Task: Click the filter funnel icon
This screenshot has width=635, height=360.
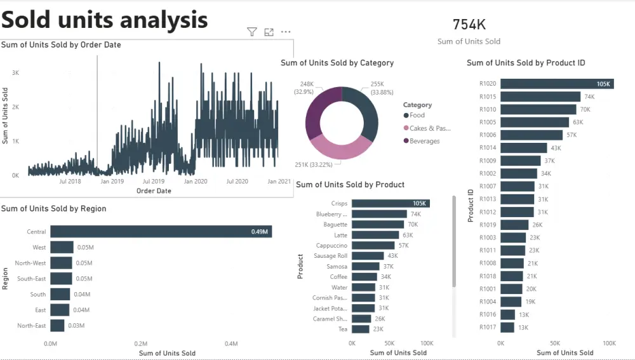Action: (x=252, y=32)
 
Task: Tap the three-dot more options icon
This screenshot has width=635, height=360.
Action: (x=286, y=32)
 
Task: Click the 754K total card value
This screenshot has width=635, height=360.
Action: (x=469, y=24)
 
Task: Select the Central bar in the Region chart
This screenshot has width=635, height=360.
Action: (x=161, y=232)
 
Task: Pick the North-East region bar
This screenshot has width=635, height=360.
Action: (x=57, y=326)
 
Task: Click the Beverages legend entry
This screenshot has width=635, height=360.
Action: (x=422, y=141)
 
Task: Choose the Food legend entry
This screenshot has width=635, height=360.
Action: (x=414, y=115)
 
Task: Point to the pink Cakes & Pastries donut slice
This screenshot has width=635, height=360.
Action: (x=341, y=148)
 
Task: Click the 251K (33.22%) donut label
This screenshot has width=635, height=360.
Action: (x=314, y=165)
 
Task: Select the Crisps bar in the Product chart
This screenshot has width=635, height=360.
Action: (x=391, y=203)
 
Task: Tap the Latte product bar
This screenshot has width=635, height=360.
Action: (x=375, y=235)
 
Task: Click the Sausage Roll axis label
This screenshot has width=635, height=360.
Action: (x=330, y=256)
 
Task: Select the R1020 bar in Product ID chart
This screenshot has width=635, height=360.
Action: (x=558, y=84)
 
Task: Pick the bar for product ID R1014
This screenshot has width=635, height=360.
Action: (x=524, y=148)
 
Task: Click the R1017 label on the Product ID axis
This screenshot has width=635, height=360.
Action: (x=488, y=327)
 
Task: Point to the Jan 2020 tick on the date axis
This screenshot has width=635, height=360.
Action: (x=196, y=182)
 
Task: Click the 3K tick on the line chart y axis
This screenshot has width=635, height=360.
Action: (x=15, y=73)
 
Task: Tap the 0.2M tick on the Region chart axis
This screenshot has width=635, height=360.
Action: (x=141, y=343)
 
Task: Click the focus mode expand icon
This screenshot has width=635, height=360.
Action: (x=269, y=32)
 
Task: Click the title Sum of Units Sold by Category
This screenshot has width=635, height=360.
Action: (x=337, y=63)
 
